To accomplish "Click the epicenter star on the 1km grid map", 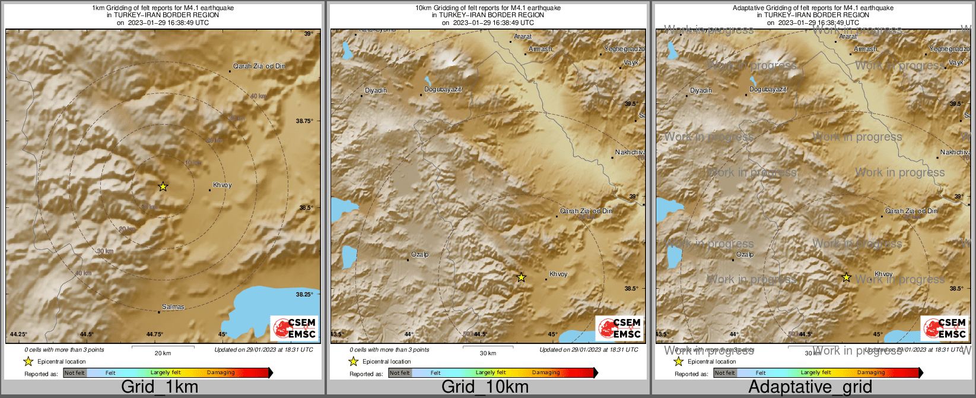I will [163, 187].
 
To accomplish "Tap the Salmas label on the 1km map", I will [173, 307].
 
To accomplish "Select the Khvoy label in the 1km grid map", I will [222, 185].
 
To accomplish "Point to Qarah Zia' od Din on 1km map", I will [259, 66].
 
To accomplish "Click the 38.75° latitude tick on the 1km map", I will [304, 121].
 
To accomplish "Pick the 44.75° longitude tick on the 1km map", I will [155, 334].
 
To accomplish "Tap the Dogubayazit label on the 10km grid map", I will [443, 90].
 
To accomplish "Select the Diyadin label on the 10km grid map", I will [376, 90].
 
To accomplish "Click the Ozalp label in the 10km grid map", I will [420, 255].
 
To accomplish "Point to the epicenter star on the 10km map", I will [522, 277].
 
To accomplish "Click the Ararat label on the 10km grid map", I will [523, 37].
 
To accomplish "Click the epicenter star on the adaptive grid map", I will [847, 277].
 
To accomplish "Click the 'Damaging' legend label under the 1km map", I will [221, 373].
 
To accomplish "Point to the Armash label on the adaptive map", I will [865, 49].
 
